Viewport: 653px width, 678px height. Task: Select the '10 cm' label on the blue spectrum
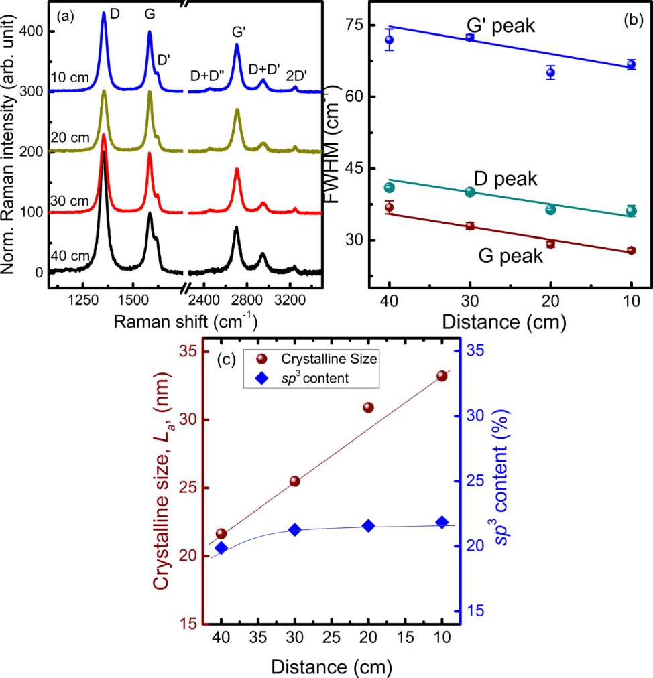(69, 78)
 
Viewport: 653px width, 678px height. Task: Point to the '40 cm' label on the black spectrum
(69, 258)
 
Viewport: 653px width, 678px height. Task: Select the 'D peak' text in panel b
(506, 179)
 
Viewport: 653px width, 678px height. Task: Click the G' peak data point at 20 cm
(550, 72)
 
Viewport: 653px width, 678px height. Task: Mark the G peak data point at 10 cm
(631, 251)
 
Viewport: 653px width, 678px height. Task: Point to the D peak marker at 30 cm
(470, 192)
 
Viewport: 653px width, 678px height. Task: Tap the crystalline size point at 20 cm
(368, 407)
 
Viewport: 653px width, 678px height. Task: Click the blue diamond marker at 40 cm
(221, 548)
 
